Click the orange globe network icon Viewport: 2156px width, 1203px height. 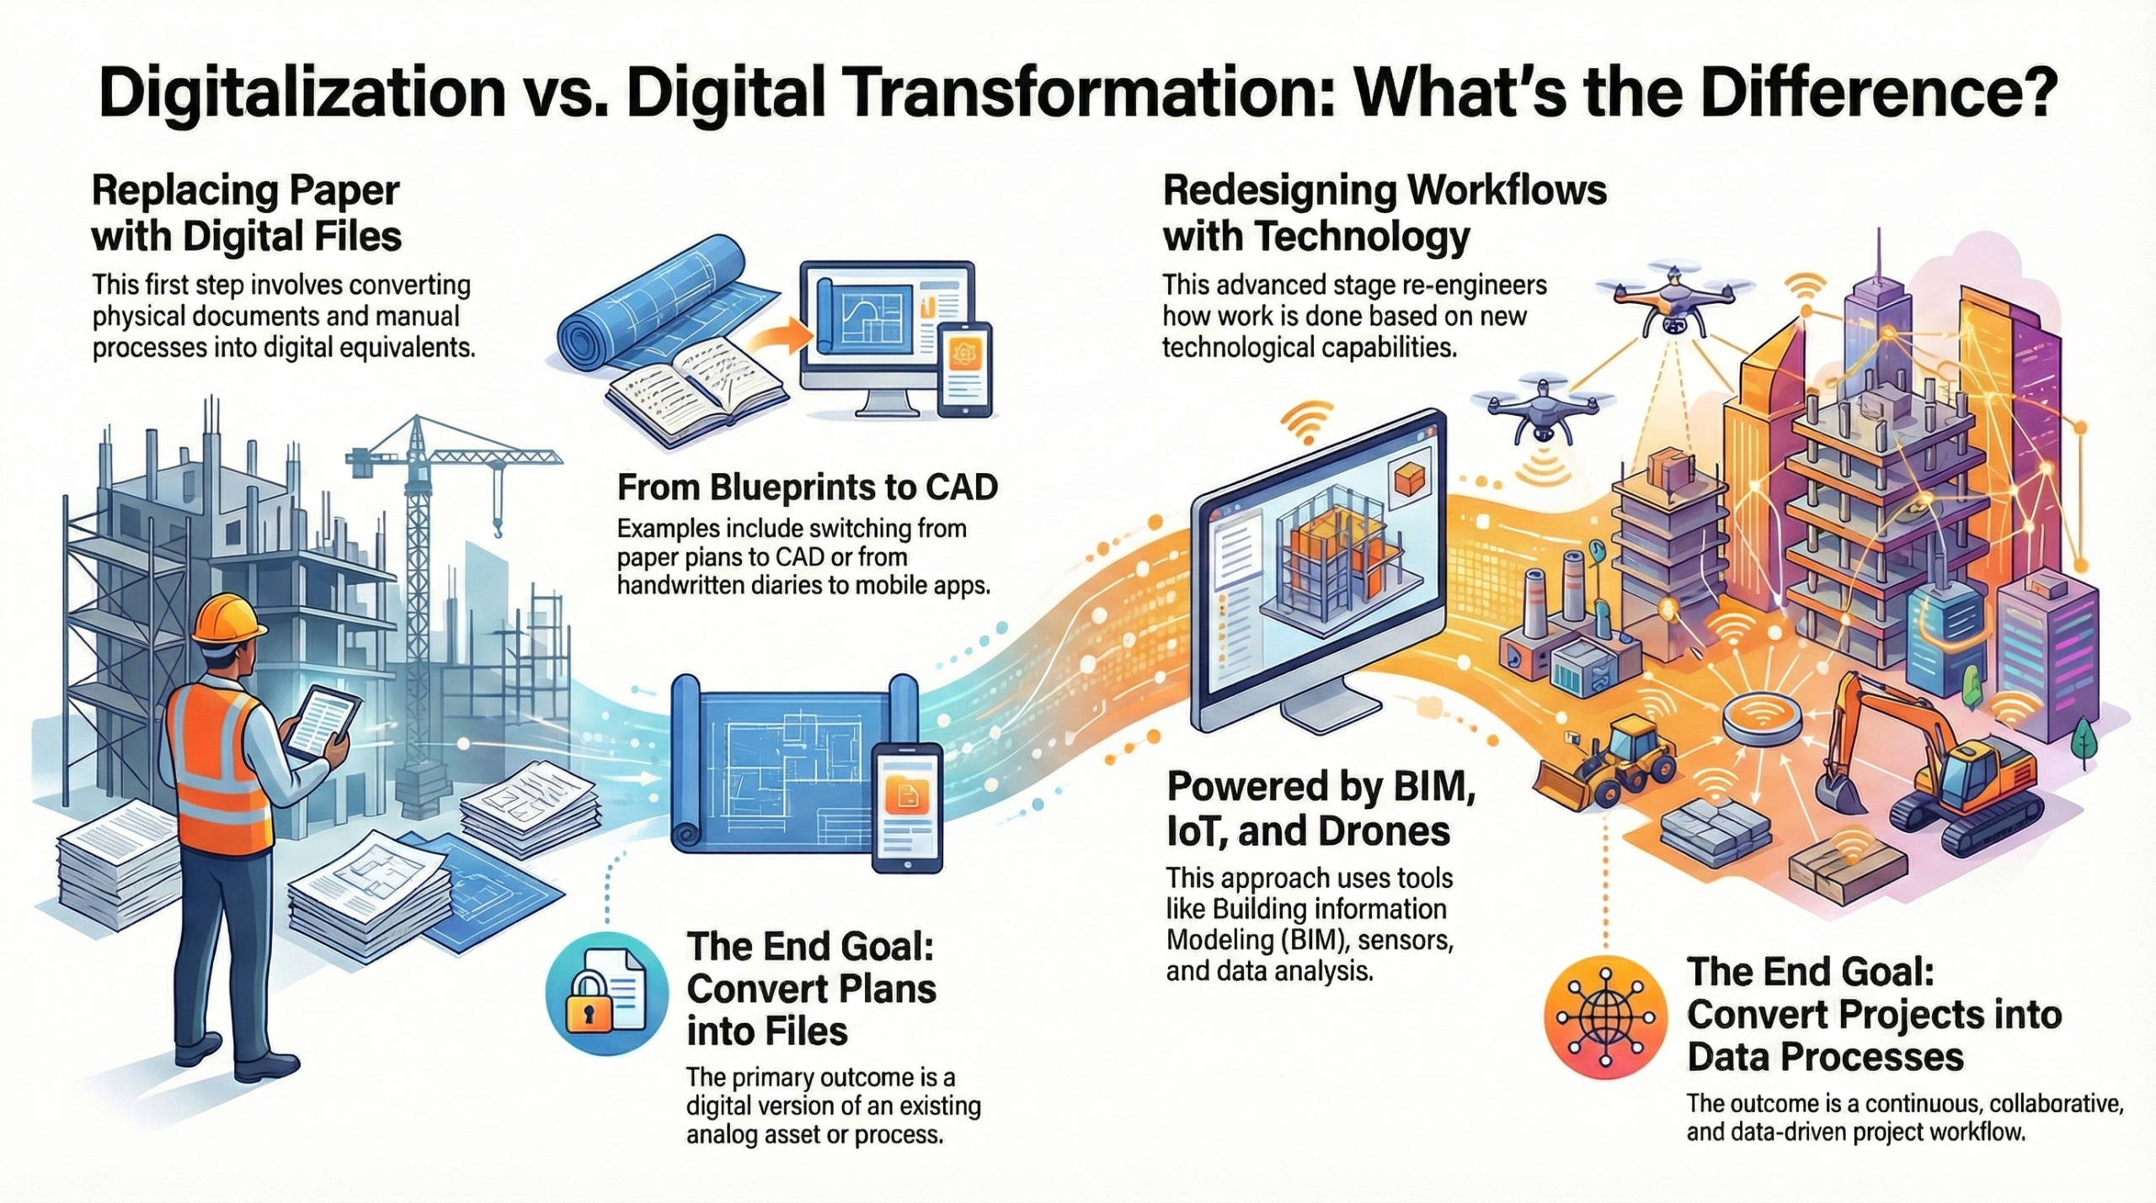[1606, 1016]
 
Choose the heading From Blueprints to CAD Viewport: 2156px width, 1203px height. [808, 487]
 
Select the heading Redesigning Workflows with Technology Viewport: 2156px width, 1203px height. [1385, 214]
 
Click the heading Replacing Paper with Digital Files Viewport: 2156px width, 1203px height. [247, 214]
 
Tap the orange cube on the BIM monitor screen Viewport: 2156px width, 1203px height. [1409, 481]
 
